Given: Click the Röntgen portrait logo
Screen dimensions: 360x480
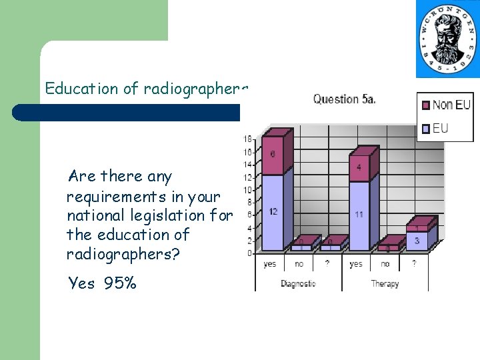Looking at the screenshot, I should point(447,38).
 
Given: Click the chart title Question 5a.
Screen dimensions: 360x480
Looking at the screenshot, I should point(345,99).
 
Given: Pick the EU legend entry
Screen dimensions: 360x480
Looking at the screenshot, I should point(440,128).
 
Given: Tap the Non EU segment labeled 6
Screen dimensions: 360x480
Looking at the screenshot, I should point(273,155).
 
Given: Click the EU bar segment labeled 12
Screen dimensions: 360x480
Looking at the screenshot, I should point(273,211).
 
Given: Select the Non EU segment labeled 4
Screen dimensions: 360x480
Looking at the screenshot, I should point(359,167).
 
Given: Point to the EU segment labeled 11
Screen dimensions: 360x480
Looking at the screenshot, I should point(359,215).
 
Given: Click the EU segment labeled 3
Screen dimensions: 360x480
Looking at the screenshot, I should point(417,240).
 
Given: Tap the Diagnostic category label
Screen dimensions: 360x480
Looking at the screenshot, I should point(298,284).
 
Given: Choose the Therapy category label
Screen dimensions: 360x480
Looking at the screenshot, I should point(385,284).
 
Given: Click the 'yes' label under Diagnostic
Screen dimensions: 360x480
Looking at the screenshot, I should point(270,265).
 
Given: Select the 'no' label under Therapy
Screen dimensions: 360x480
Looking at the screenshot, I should point(385,265).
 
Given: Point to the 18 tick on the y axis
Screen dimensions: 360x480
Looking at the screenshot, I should point(247,139).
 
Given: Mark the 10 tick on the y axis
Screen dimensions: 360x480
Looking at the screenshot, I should point(247,190).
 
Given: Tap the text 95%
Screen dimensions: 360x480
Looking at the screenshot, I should point(120,283).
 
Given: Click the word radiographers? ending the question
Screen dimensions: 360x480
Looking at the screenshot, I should point(123,254).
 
